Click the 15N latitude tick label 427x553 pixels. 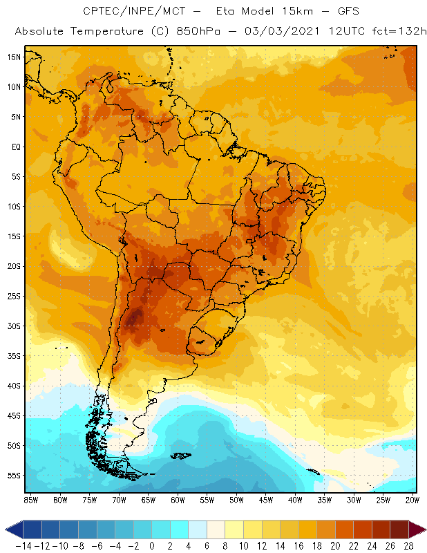coord(14,57)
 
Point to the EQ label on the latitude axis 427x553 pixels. coord(15,147)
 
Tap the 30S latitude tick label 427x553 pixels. coord(14,326)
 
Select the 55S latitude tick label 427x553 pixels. coord(14,476)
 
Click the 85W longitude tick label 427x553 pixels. coord(31,500)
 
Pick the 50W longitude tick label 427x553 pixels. coord(236,500)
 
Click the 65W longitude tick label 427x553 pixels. coord(149,500)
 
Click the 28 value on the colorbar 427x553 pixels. coord(408,545)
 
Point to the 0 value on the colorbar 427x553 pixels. coord(152,545)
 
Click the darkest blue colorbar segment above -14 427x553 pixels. coord(32,530)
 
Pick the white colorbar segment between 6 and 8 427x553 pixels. coord(216,530)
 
